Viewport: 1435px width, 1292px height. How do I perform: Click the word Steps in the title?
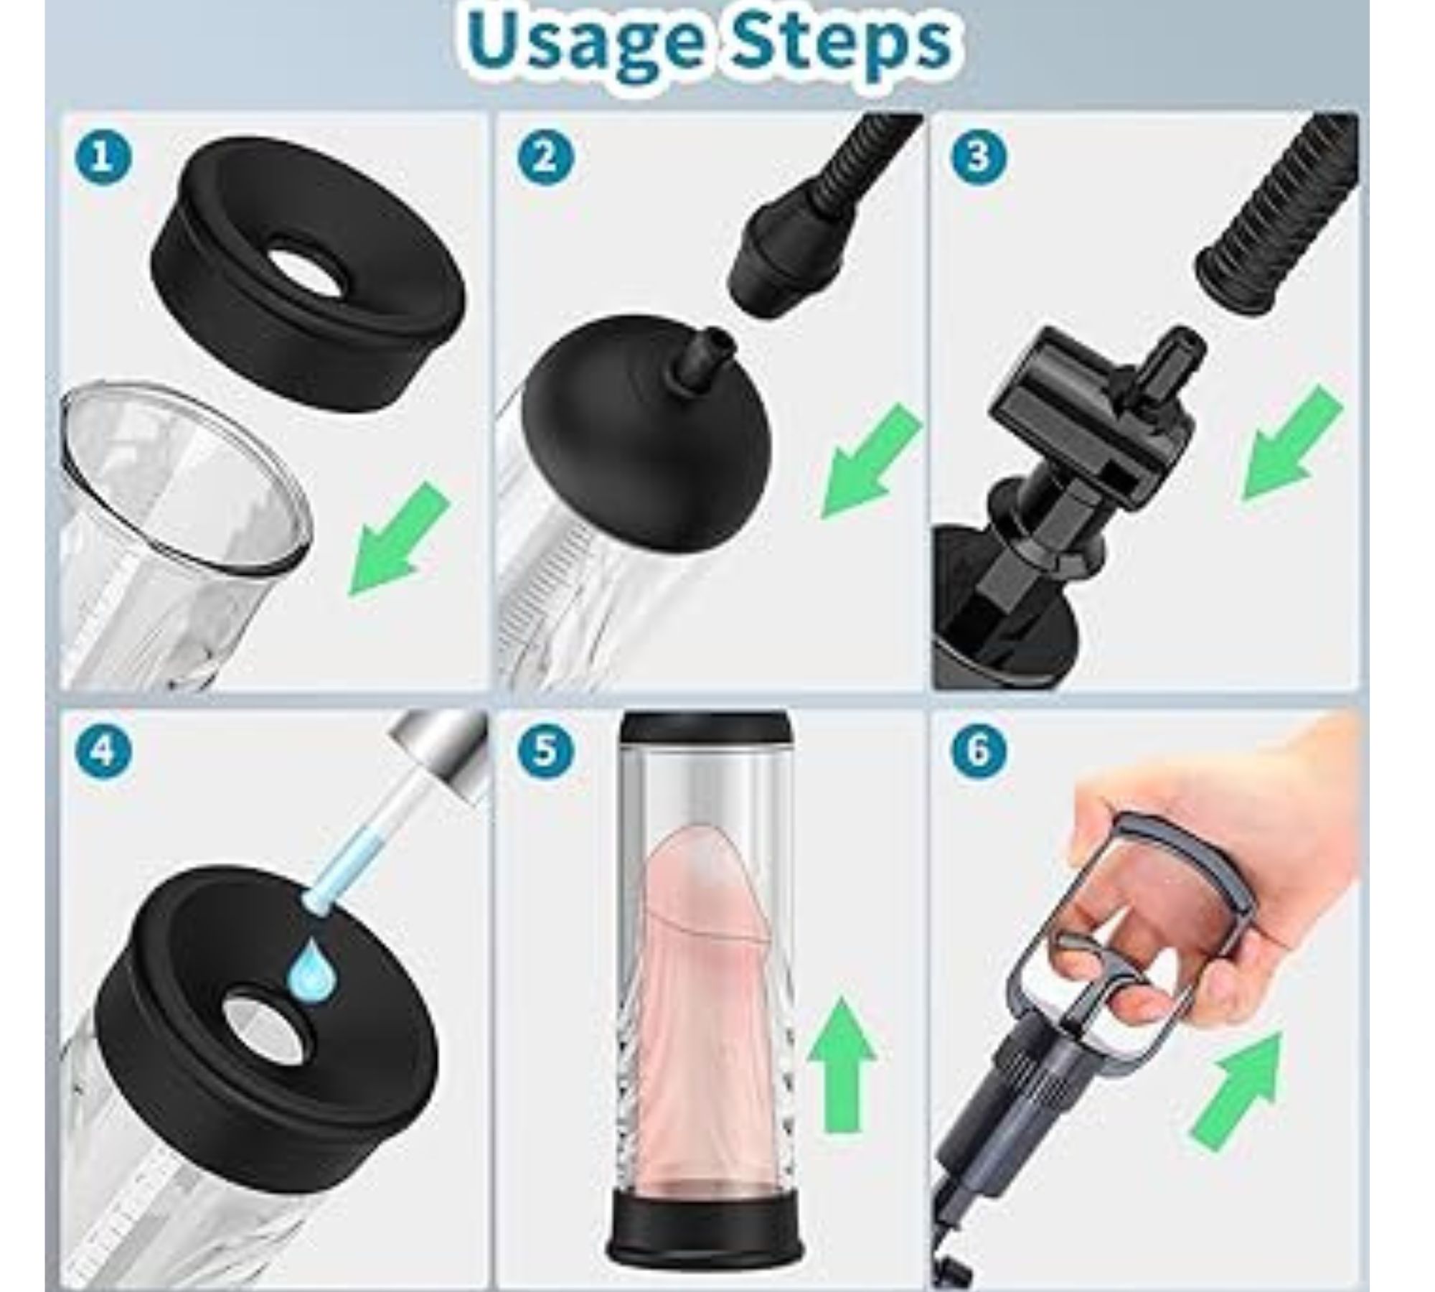(836, 42)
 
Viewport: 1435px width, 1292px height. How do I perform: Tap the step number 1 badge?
(103, 157)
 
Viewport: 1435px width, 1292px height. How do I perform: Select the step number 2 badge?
(545, 157)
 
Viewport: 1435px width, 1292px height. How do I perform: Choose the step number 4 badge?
(103, 752)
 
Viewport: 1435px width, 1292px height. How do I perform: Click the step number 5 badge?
(545, 752)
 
